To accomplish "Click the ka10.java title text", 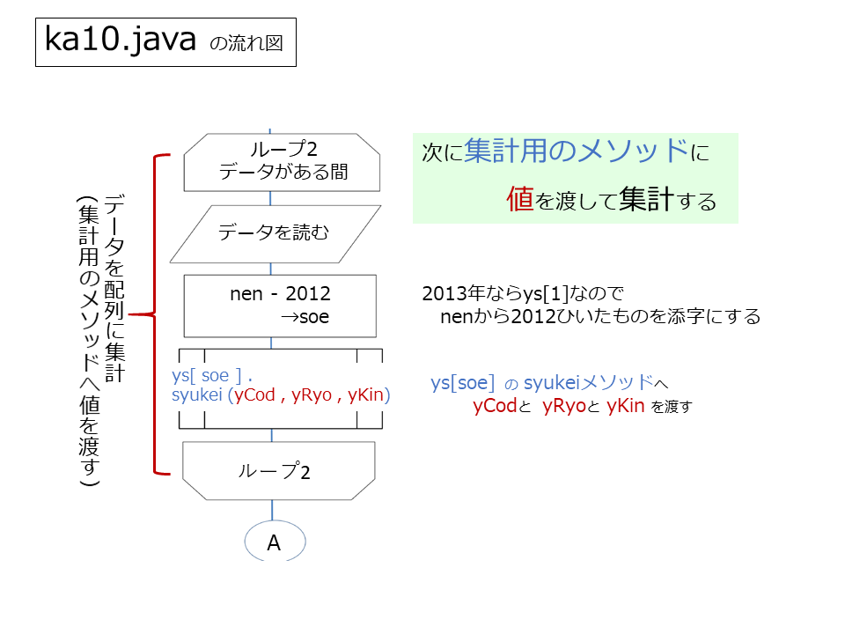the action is click(x=121, y=40).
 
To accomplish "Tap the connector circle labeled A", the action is click(x=275, y=541).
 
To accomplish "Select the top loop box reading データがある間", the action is click(x=282, y=162).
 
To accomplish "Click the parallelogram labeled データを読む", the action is click(x=276, y=234).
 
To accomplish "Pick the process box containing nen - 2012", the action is click(x=280, y=306).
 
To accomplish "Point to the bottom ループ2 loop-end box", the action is click(x=279, y=470).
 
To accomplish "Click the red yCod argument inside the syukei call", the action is click(x=254, y=395).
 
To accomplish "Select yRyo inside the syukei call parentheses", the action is click(x=312, y=395).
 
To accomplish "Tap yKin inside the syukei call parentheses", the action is click(x=366, y=395).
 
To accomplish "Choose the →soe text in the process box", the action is click(x=305, y=317).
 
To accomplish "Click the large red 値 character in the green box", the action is click(x=520, y=198).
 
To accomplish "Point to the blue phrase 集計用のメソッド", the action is click(x=576, y=151).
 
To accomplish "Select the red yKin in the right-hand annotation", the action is click(x=625, y=405).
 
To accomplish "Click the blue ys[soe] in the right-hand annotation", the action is click(x=462, y=383).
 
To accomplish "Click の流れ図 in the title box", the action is click(x=246, y=43).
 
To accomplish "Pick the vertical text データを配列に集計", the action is click(x=114, y=288).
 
